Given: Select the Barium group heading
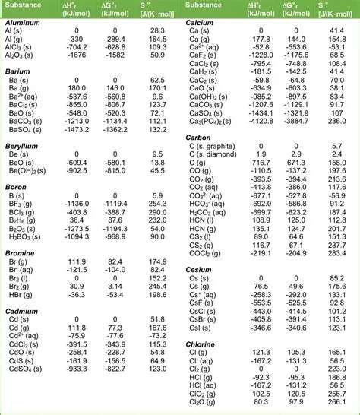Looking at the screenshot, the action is (17, 70).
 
